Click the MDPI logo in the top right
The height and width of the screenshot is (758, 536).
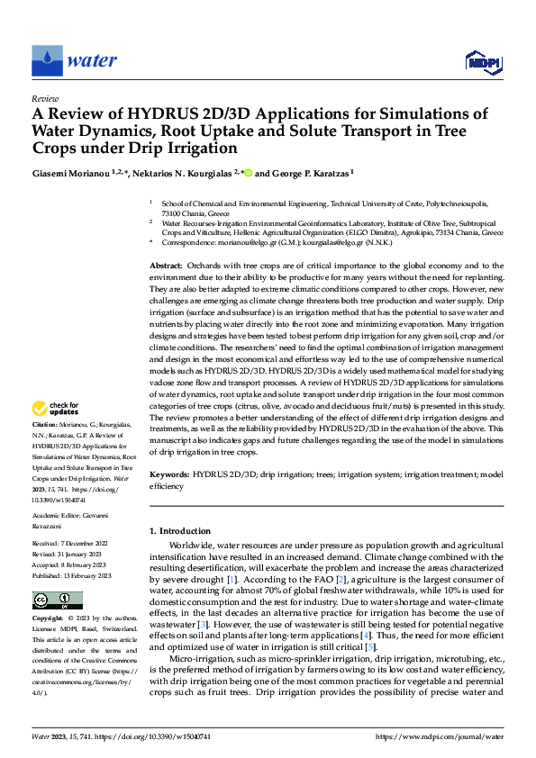(x=483, y=61)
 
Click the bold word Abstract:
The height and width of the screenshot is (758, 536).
(x=166, y=267)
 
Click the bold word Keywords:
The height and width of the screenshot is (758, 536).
(x=168, y=473)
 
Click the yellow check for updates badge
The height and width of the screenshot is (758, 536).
(x=57, y=411)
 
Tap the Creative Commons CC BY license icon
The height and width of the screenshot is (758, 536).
(x=57, y=600)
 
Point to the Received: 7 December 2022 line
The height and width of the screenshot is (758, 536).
(x=71, y=545)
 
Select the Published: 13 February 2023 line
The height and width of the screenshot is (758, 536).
(x=71, y=574)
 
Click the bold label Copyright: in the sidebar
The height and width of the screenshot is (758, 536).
(x=48, y=619)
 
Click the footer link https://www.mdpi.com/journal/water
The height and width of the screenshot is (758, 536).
(x=452, y=735)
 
